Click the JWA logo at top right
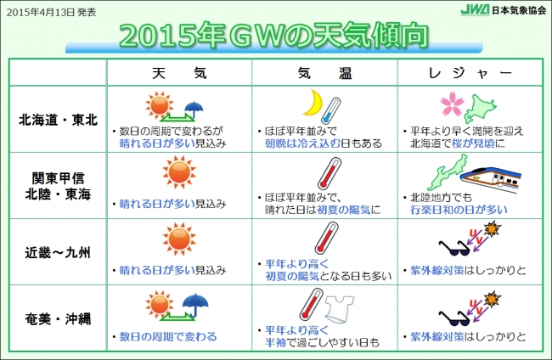point(475,10)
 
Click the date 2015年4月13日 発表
point(52,13)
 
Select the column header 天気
point(179,73)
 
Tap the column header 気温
point(324,73)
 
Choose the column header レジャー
point(470,73)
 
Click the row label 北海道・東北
point(58,120)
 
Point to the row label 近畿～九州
point(58,252)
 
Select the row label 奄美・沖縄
point(58,319)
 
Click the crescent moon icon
point(313,103)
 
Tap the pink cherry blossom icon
point(453,105)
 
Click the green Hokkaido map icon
point(480,109)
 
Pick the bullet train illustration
point(491,180)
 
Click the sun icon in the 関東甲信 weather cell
point(179,172)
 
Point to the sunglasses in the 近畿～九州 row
point(454,248)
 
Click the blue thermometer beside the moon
point(331,110)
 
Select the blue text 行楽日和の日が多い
point(459,210)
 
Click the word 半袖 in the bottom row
point(275,342)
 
